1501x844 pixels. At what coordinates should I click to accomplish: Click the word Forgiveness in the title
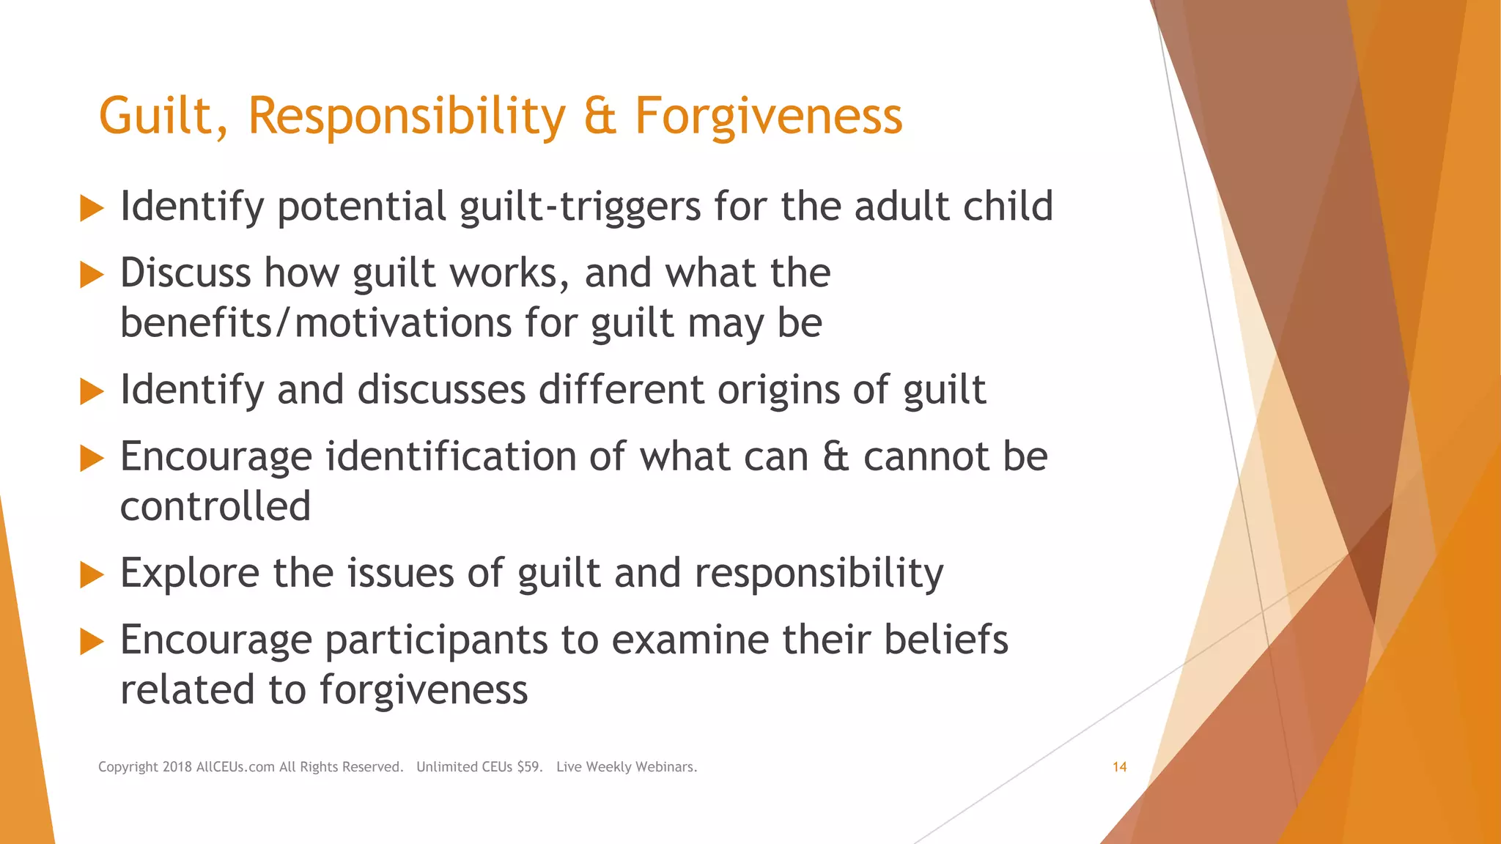(768, 116)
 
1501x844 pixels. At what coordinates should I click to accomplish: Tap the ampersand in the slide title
(600, 116)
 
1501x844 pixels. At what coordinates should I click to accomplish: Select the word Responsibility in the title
(407, 116)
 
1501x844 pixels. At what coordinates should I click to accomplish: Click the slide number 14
(1119, 767)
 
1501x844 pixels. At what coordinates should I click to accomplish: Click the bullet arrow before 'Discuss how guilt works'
(92, 275)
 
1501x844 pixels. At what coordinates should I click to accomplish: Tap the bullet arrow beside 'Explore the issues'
(92, 575)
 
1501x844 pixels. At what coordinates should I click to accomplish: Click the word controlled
(215, 506)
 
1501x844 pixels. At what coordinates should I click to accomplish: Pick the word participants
(437, 640)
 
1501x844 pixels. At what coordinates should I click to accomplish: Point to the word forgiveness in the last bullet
(423, 690)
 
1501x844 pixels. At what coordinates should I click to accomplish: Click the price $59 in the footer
(529, 767)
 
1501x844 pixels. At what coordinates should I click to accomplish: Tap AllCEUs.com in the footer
(235, 767)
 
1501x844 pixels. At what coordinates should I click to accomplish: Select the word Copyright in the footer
(128, 767)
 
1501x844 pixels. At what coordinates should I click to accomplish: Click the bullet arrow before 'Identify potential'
(92, 208)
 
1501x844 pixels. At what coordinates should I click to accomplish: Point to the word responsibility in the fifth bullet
(819, 573)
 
